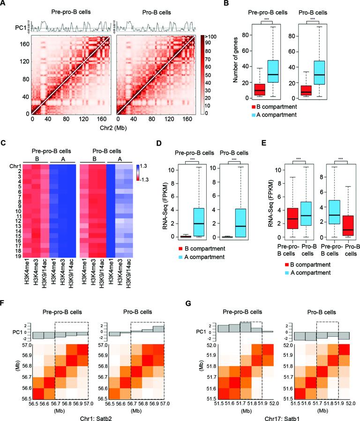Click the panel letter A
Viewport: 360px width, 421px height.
(4, 3)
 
